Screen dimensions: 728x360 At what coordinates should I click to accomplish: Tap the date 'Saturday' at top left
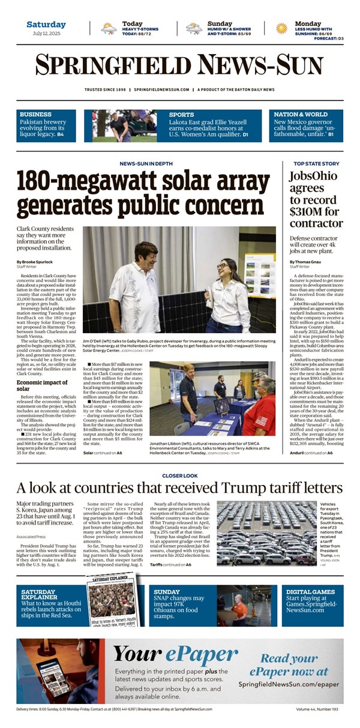click(x=46, y=25)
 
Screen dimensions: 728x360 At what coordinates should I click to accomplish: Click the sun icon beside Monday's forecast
click(x=281, y=28)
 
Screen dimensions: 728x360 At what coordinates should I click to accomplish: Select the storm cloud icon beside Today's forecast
click(x=109, y=28)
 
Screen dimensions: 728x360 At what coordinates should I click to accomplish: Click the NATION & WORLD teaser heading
click(x=301, y=114)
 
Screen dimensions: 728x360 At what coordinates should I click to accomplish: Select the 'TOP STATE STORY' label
click(x=316, y=163)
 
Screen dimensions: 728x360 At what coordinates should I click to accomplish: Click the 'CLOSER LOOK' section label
click(x=180, y=475)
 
